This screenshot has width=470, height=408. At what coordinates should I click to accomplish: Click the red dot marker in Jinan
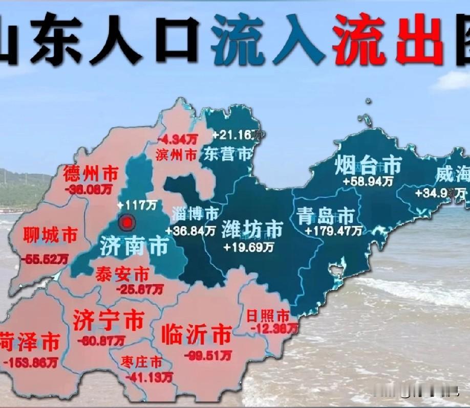click(126, 222)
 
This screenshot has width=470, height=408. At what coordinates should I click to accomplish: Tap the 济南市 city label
click(134, 246)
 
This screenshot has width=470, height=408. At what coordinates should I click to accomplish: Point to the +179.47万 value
click(333, 231)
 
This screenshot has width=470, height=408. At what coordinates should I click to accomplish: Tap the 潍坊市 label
click(252, 230)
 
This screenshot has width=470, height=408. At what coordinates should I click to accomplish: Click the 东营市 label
click(227, 154)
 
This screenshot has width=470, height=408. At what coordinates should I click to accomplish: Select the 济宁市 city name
click(108, 321)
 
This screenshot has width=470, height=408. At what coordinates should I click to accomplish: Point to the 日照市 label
click(268, 315)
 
